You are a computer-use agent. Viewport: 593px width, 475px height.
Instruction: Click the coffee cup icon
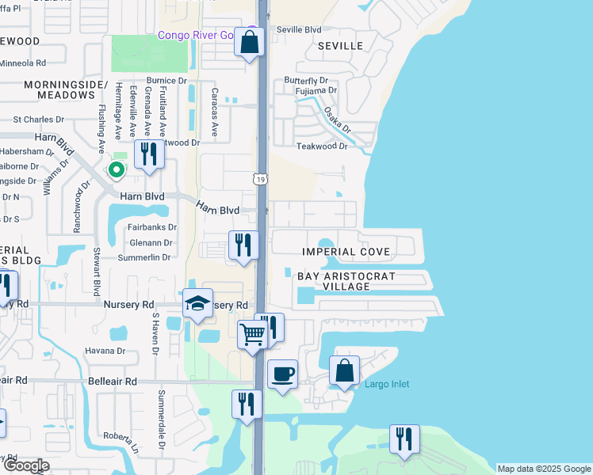click(x=282, y=373)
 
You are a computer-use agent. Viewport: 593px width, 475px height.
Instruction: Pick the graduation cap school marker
click(x=197, y=304)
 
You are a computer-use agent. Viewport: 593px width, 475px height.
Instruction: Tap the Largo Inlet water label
click(x=387, y=385)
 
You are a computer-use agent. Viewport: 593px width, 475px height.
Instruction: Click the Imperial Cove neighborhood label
click(x=346, y=252)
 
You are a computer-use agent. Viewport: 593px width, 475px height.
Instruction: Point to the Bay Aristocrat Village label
click(x=346, y=281)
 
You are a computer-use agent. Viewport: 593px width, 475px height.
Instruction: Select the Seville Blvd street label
click(x=299, y=29)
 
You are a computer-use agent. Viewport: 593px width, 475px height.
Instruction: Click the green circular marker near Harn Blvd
click(x=117, y=169)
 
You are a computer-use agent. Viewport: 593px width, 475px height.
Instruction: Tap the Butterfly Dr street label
click(x=306, y=81)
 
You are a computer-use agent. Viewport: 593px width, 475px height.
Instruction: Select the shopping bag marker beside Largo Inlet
click(x=345, y=370)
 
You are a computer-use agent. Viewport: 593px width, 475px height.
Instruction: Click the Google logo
click(x=26, y=465)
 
